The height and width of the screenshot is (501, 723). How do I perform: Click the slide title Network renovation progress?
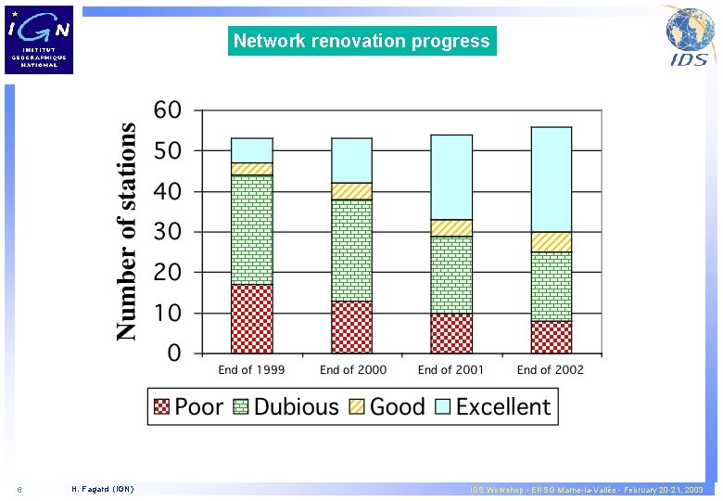tap(361, 41)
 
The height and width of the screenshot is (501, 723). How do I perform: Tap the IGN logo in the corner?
tap(39, 40)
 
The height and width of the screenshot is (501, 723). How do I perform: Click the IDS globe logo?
tap(690, 37)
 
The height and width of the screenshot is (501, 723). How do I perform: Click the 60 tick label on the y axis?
tap(167, 109)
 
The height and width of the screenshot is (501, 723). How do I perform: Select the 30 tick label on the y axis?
tap(167, 232)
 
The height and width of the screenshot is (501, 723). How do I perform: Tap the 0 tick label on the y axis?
tap(173, 353)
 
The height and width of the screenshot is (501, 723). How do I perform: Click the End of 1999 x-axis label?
tap(251, 369)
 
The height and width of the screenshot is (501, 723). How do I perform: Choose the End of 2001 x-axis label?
tap(451, 369)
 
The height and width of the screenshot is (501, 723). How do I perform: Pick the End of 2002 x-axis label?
tap(551, 369)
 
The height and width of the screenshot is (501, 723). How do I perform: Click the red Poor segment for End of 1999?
tap(251, 318)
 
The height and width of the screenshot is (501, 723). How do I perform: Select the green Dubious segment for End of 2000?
tap(351, 250)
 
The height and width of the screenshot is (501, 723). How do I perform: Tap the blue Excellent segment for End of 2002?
tap(551, 179)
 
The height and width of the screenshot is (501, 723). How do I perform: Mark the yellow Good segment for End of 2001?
tap(451, 227)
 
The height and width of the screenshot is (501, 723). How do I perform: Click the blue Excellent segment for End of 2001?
tap(451, 176)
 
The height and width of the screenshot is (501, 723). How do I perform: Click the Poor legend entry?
tap(188, 406)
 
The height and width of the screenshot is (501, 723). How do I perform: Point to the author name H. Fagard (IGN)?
tap(102, 489)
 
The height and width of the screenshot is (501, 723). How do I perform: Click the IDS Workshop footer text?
tap(586, 489)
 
